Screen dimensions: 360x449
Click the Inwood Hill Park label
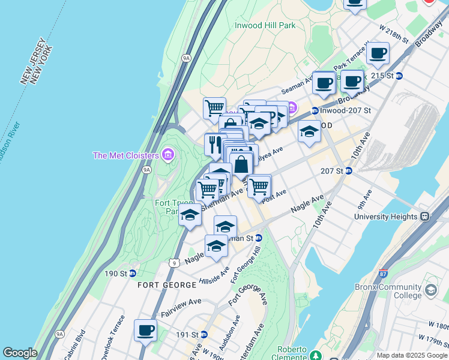pyautogui.click(x=265, y=25)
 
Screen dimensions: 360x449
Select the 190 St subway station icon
pyautogui.click(x=132, y=274)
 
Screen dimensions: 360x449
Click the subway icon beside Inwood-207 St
pyautogui.click(x=315, y=110)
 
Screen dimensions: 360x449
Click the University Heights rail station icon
pyautogui.click(x=424, y=216)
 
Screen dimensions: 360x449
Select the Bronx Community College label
pyautogui.click(x=397, y=291)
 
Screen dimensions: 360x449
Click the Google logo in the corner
pyautogui.click(x=19, y=353)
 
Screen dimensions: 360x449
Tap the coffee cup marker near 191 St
pyautogui.click(x=145, y=330)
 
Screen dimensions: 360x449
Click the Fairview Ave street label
pyautogui.click(x=181, y=306)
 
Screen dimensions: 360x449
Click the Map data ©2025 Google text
pyautogui.click(x=412, y=355)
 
